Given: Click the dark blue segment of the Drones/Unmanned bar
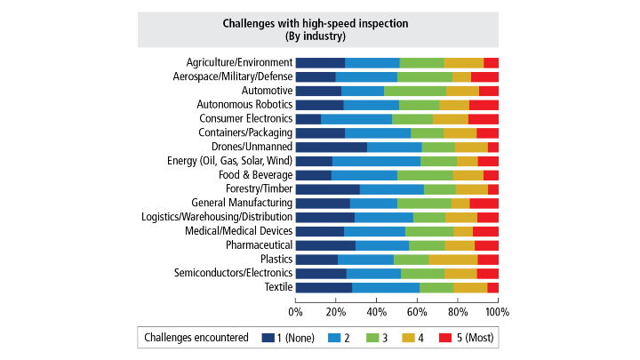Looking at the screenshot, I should click(x=331, y=147).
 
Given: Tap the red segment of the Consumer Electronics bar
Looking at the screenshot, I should click(x=483, y=119).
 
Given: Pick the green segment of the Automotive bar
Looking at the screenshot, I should click(x=414, y=91).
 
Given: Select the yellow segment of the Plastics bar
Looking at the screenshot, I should click(x=452, y=260).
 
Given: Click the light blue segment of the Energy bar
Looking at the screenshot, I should click(x=376, y=161).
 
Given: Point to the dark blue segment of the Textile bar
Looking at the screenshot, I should click(x=324, y=287).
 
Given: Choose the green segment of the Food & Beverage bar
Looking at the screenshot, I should click(x=425, y=175).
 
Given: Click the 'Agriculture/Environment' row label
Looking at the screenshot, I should click(x=239, y=62).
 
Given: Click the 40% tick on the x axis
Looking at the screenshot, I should click(x=376, y=312).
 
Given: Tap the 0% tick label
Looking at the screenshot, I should click(x=295, y=312).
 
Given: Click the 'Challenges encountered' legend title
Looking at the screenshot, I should click(x=196, y=338).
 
